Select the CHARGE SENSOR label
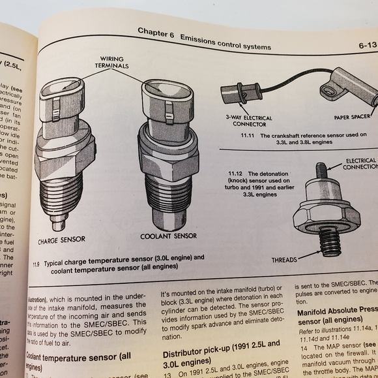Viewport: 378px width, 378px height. coord(61,240)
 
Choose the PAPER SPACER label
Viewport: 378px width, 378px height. coord(352,118)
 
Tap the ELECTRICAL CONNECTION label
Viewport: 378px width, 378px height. coord(360,163)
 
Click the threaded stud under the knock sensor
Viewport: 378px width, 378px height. coord(330,244)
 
